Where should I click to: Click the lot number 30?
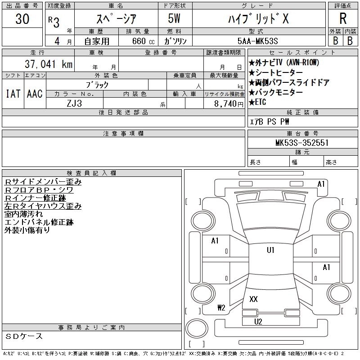coord(22,19)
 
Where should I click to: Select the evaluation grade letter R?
coord(343,19)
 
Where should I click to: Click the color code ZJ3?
coord(74,103)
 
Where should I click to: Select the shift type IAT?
coord(13,94)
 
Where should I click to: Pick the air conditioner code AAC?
coord(35,94)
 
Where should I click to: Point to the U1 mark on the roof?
coord(270,250)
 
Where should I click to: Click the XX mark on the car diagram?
coord(253,299)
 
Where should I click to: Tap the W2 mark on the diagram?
coord(221,308)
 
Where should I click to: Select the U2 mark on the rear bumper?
coord(258,321)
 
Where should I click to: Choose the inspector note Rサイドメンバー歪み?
coord(43,182)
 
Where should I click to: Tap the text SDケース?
coord(24,337)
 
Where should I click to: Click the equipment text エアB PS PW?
coord(270,121)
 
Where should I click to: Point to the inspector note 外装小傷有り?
coord(27,230)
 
